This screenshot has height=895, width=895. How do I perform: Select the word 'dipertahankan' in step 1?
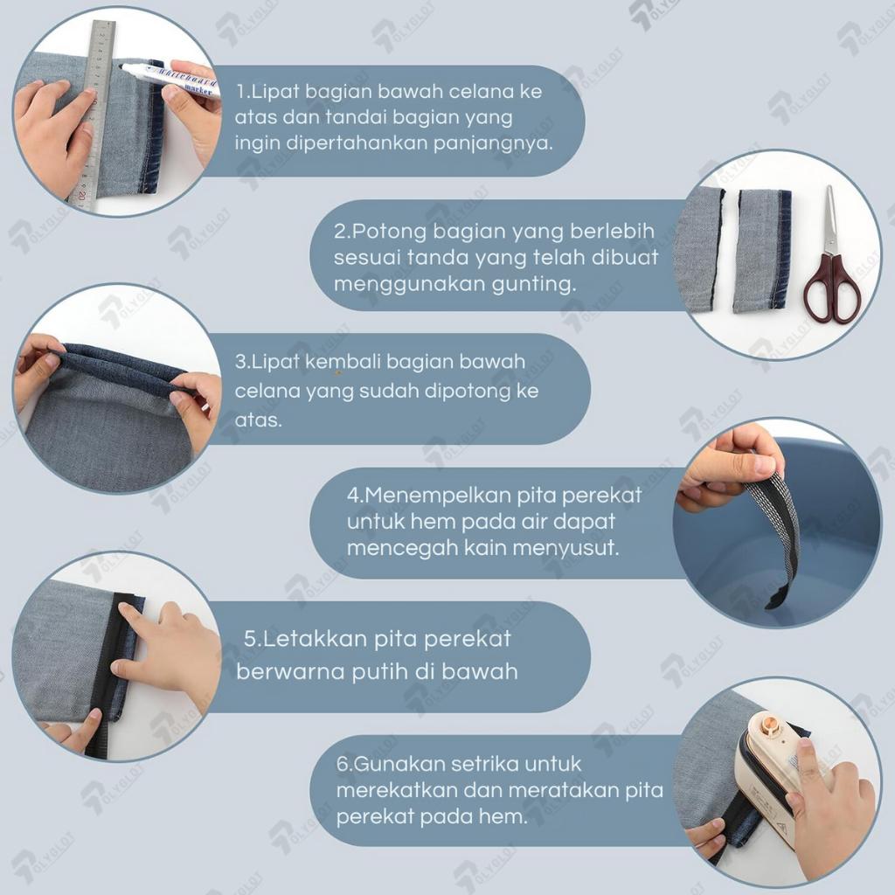(358, 143)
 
